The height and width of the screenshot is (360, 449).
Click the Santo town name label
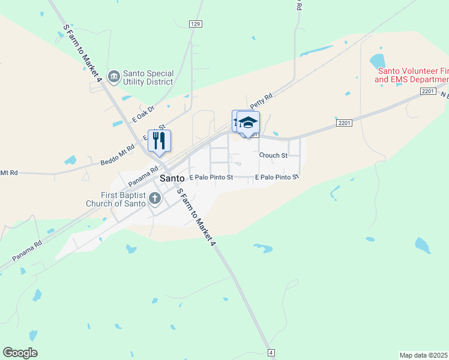pos(172,178)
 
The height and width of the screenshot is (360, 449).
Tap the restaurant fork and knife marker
pos(159,141)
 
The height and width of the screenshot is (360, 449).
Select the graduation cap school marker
pos(248,122)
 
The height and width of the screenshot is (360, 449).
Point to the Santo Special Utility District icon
pos(114,76)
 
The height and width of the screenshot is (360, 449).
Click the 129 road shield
pos(196,24)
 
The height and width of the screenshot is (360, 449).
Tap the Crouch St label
pos(273,155)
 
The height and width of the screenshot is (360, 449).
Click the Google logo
pos(20,353)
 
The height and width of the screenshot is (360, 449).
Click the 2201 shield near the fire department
pos(427,91)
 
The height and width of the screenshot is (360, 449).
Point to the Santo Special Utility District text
pos(148,77)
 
